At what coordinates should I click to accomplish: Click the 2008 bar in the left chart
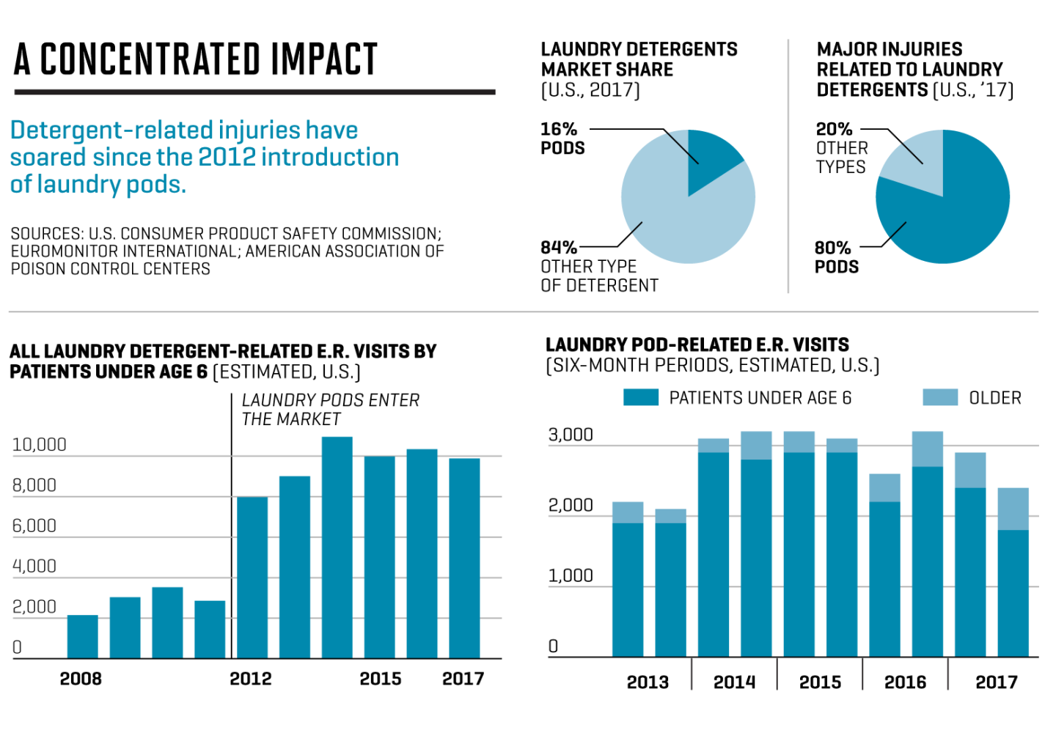(82, 636)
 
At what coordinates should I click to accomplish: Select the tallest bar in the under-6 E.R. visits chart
(337, 547)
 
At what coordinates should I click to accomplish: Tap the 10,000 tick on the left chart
(40, 445)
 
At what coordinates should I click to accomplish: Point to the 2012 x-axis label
(250, 679)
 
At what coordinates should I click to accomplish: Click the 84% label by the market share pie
(559, 248)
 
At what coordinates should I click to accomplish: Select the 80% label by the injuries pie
(833, 248)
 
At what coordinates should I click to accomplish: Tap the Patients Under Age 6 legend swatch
(640, 397)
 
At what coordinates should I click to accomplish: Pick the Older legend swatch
(940, 397)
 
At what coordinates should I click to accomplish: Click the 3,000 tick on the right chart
(571, 435)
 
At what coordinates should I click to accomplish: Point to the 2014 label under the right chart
(734, 682)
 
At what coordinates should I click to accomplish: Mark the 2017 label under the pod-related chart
(996, 682)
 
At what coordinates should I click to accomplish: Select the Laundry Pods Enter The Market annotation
(330, 410)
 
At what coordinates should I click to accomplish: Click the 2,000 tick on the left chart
(34, 607)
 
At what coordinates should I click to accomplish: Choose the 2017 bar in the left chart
(464, 558)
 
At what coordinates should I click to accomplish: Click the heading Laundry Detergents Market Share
(639, 59)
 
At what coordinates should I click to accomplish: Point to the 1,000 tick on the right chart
(571, 576)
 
